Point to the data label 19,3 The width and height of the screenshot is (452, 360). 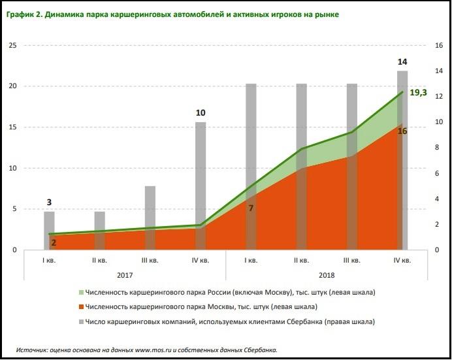click(418, 93)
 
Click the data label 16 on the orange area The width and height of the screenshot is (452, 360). click(402, 131)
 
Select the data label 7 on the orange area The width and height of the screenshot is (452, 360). click(250, 208)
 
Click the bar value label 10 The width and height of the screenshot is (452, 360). click(201, 113)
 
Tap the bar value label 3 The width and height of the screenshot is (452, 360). click(49, 203)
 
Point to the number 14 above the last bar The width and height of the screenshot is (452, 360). click(402, 61)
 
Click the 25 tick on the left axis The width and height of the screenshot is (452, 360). click(12, 45)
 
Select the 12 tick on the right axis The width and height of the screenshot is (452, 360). click(439, 97)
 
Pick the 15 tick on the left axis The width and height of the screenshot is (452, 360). click(12, 127)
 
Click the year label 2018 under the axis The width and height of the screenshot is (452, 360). click(326, 275)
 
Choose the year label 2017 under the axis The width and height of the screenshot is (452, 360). click(125, 275)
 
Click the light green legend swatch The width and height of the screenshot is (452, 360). click(83, 291)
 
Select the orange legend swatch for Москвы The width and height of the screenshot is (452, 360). click(83, 306)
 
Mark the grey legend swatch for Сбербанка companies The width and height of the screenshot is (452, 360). click(83, 321)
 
